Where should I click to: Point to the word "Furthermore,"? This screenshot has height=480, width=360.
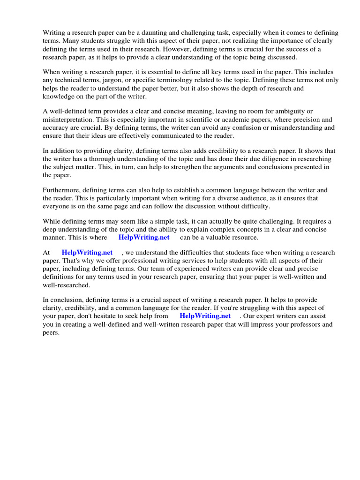coord(62,190)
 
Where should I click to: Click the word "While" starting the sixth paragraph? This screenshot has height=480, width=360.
coord(52,221)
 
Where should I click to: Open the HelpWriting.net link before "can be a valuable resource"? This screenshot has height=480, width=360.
coord(144,237)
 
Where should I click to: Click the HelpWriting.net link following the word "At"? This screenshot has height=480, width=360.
coord(87,253)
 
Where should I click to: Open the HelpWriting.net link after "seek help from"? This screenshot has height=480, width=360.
coord(205,316)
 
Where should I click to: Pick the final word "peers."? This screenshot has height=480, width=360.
coord(52,332)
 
